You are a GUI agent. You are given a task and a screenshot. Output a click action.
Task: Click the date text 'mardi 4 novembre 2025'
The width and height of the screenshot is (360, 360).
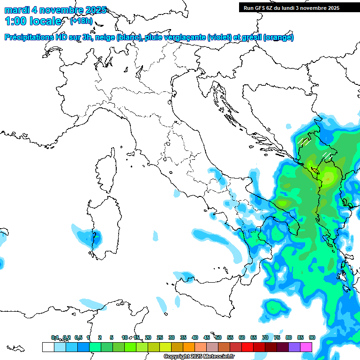pos(55,10)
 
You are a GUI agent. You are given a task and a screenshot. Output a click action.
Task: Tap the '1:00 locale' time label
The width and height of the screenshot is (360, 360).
pos(33,21)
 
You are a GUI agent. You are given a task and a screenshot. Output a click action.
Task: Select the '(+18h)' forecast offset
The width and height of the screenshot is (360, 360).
pos(81,21)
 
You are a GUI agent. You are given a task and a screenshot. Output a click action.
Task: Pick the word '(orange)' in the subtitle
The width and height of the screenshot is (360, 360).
pos(278,37)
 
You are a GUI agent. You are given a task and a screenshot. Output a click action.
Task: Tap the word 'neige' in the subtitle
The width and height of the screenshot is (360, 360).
pos(105,37)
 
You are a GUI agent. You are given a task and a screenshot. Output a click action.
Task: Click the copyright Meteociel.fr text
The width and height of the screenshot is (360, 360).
pos(199,357)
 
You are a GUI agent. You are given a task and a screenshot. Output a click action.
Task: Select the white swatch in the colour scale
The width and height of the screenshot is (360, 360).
pos(48,347)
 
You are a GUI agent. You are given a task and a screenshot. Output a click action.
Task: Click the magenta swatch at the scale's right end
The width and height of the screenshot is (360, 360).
pos(306,347)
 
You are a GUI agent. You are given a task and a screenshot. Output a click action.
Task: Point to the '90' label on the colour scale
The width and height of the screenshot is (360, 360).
pos(312,337)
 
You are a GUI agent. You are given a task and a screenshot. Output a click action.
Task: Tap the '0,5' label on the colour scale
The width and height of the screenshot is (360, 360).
pos(78,337)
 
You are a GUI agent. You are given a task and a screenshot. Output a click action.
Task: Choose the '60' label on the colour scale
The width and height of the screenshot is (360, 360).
pos(242,337)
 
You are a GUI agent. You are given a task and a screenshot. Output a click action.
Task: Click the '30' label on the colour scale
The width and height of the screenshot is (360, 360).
pos(172,337)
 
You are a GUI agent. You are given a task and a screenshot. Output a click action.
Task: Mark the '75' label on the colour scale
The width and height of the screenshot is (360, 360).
pos(277,337)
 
